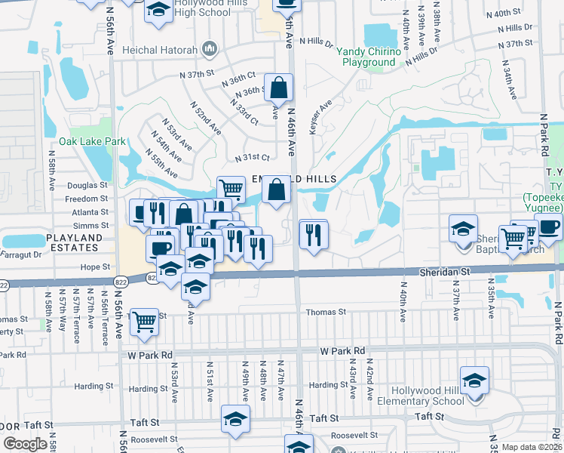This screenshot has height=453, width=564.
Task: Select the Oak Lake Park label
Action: [93, 141]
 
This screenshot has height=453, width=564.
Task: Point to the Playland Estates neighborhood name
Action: [73, 242]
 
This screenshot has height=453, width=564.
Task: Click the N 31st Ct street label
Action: [252, 157]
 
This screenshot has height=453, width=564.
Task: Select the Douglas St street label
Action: [87, 185]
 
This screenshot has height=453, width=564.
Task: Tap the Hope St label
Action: [95, 267]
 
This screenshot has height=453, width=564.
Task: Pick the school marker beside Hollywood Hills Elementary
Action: [474, 381]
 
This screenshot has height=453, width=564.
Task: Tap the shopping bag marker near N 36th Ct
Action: [278, 88]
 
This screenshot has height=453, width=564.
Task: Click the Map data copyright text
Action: [532, 447]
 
